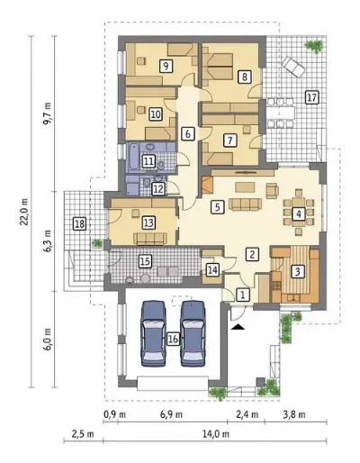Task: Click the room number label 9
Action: [x=166, y=66]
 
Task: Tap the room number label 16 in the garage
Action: [x=173, y=339]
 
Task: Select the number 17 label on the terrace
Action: [x=311, y=97]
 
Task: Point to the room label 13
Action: [x=148, y=222]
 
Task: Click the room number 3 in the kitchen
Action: [x=297, y=271]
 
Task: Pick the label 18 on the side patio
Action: [x=80, y=224]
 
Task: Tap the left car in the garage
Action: [x=153, y=333]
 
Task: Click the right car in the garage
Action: [x=193, y=333]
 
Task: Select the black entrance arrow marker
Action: [x=238, y=327]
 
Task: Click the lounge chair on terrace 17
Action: [x=293, y=67]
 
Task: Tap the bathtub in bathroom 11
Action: [x=133, y=156]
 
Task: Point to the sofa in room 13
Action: [x=150, y=239]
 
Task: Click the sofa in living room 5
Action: [x=245, y=204]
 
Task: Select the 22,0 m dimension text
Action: [x=25, y=212]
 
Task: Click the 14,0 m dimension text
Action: [x=215, y=434]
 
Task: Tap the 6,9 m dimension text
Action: [x=171, y=414]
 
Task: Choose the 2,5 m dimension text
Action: [x=83, y=434]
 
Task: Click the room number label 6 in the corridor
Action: [x=188, y=133]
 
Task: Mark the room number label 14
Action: [x=212, y=270]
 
